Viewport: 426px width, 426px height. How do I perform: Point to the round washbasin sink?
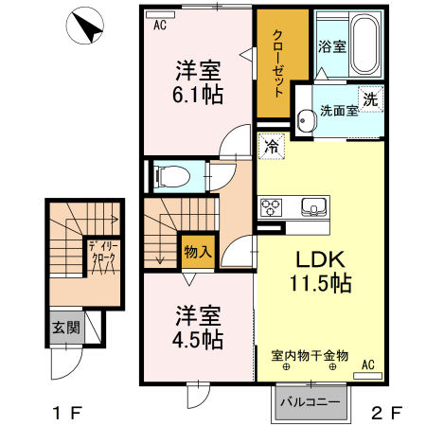305,119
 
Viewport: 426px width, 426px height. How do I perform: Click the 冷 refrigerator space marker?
271,146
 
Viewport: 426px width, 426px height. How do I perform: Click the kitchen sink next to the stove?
312,206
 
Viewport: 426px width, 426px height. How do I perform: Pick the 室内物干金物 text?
310,356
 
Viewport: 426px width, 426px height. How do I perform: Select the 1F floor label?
65,414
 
